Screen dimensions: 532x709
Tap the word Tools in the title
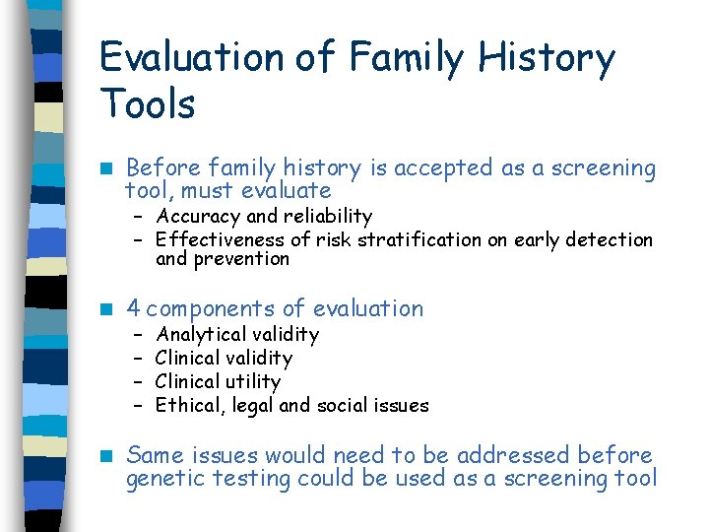click(148, 103)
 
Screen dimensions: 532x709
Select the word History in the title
click(547, 58)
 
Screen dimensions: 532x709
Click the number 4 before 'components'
click(133, 308)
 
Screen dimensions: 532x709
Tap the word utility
click(253, 382)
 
